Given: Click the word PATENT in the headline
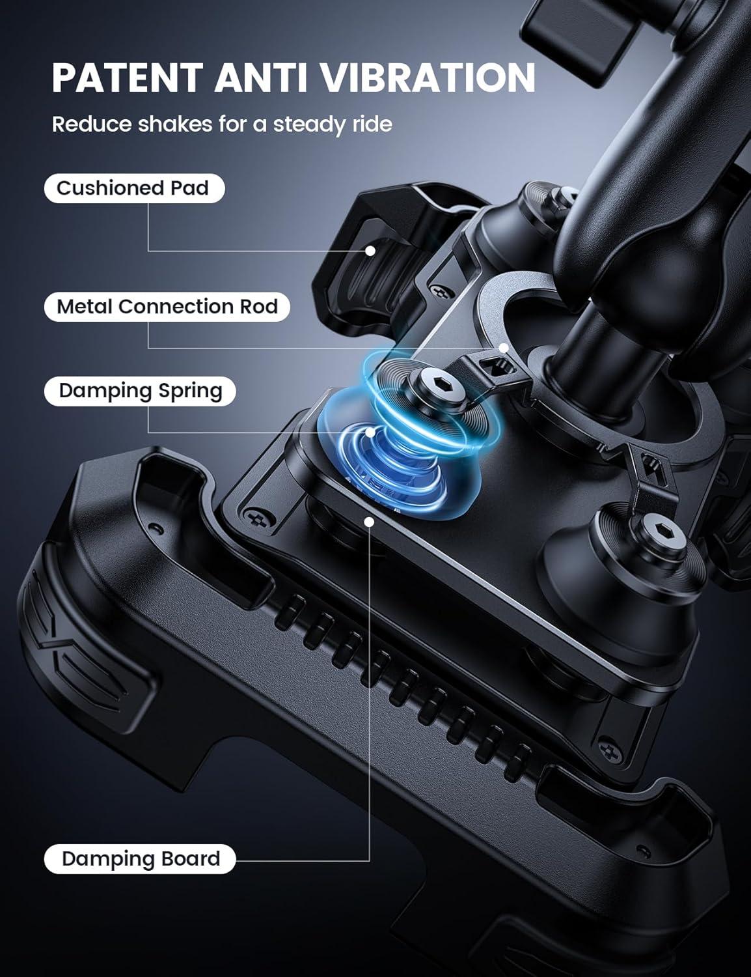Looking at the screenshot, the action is [x=128, y=78].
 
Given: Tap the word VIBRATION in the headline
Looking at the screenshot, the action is [x=428, y=78].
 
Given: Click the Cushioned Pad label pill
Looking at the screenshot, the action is [x=134, y=188].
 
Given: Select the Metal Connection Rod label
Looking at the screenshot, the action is [x=167, y=307].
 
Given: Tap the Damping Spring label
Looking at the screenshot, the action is [x=140, y=391].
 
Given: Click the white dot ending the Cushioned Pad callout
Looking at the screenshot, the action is [x=370, y=251].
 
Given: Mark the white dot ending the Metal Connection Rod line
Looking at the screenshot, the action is [x=504, y=348].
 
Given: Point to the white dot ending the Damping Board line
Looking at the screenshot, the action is [x=369, y=522].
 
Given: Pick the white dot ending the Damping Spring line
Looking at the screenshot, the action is [x=370, y=432].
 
